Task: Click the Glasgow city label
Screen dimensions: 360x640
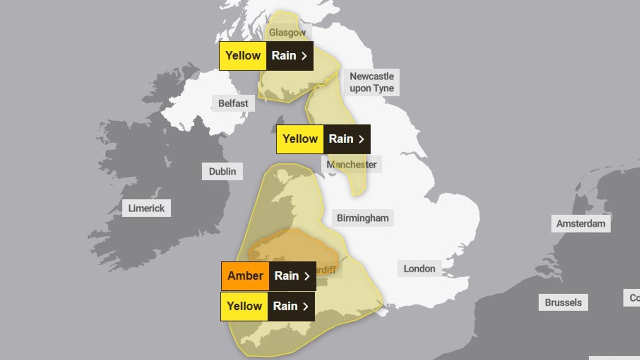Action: (x=287, y=32)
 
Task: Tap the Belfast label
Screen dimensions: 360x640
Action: (x=233, y=103)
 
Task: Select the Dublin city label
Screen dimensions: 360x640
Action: (x=222, y=171)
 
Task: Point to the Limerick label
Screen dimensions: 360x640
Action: (x=146, y=208)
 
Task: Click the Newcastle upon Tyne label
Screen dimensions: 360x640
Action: (x=372, y=82)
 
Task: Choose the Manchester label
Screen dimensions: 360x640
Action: (x=352, y=164)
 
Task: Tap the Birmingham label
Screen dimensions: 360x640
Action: (x=362, y=218)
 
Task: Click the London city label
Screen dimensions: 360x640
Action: (x=419, y=268)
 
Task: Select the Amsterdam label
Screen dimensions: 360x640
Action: (x=580, y=224)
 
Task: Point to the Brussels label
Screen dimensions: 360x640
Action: (x=563, y=302)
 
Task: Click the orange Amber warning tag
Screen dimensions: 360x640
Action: (x=245, y=276)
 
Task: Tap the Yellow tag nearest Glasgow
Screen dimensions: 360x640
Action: (x=243, y=56)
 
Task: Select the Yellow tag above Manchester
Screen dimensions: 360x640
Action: (x=300, y=139)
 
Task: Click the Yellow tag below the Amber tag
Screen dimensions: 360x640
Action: (x=244, y=306)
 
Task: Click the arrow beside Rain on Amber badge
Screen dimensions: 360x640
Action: (x=307, y=276)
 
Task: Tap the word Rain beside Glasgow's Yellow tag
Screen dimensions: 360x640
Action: (x=284, y=56)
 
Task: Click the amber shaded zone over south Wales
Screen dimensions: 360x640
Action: (x=292, y=248)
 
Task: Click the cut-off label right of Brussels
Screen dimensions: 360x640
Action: (x=633, y=298)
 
